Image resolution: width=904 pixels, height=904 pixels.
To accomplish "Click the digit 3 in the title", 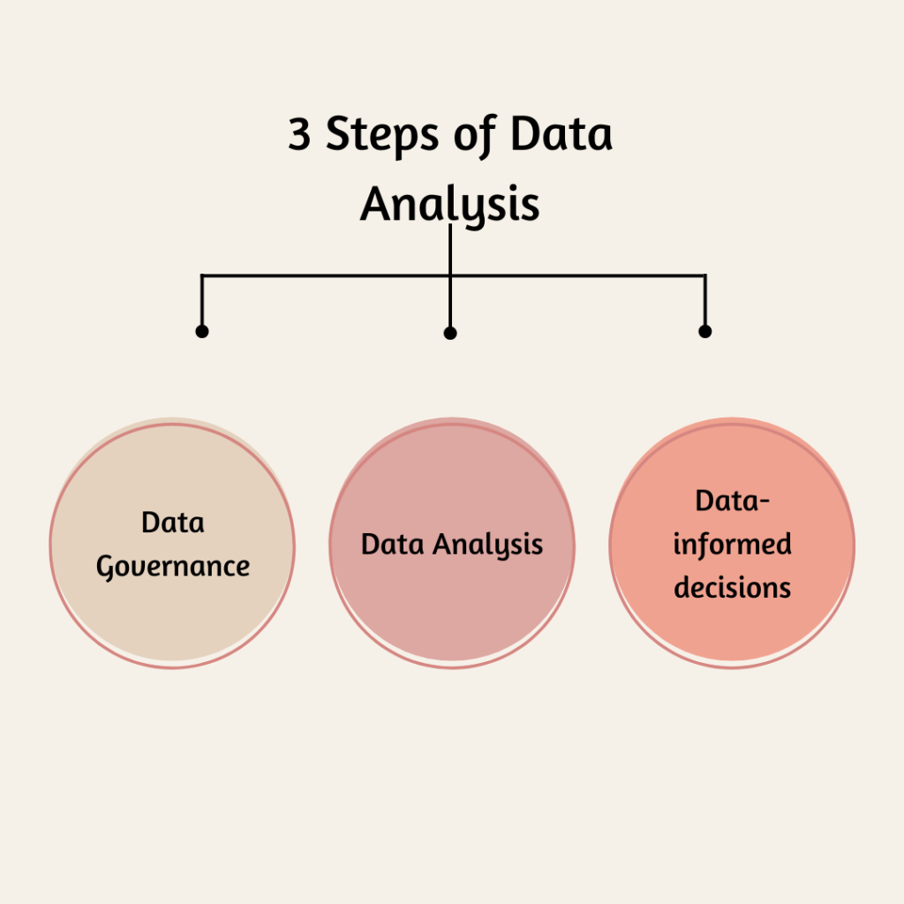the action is pyautogui.click(x=300, y=134).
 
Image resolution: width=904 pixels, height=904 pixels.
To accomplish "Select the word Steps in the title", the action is pyautogui.click(x=382, y=135).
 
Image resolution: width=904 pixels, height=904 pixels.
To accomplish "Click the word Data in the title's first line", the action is pyautogui.click(x=561, y=134).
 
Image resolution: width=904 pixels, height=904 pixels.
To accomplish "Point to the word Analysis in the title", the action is pyautogui.click(x=450, y=205).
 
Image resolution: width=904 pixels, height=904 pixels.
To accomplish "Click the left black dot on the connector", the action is pyautogui.click(x=202, y=332).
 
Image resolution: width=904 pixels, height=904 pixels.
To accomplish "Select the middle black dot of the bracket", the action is pyautogui.click(x=450, y=333).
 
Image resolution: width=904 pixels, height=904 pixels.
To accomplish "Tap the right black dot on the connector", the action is pyautogui.click(x=705, y=332).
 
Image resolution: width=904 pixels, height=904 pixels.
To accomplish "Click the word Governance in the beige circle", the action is pyautogui.click(x=173, y=567).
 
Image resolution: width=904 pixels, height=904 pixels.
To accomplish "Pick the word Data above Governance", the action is pyautogui.click(x=173, y=523).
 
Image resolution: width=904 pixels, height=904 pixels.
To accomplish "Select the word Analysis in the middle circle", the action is pyautogui.click(x=487, y=545).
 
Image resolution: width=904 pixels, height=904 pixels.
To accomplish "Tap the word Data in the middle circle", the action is pyautogui.click(x=393, y=544).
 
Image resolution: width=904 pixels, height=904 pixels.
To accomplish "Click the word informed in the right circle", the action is pyautogui.click(x=732, y=544).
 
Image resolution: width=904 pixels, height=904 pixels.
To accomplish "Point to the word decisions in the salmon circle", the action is pyautogui.click(x=732, y=587).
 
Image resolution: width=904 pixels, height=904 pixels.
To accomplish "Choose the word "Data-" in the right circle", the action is pyautogui.click(x=732, y=501).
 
